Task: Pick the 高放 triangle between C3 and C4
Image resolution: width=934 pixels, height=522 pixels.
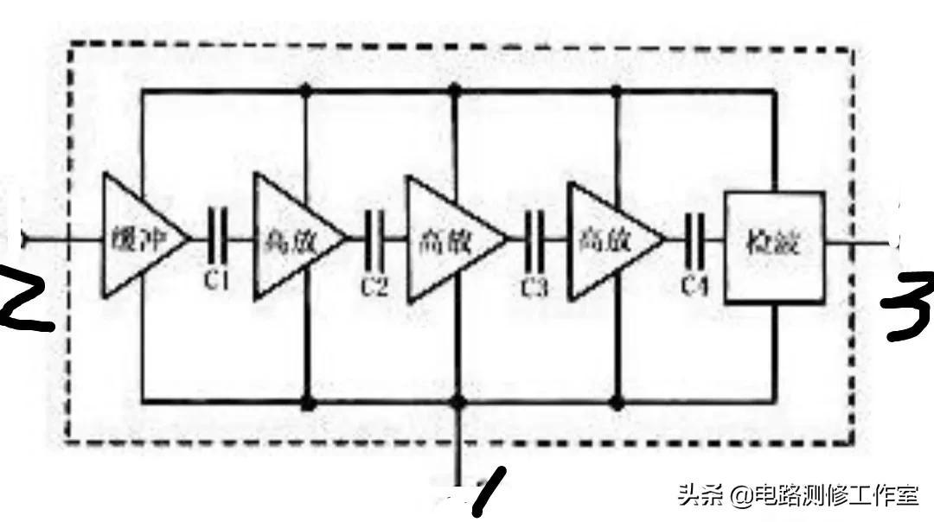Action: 606,239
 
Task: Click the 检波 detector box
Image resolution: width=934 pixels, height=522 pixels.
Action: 774,246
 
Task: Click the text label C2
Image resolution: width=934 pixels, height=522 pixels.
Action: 374,286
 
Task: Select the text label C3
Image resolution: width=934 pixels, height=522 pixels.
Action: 534,286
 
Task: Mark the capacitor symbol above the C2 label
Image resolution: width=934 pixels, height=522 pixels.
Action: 374,239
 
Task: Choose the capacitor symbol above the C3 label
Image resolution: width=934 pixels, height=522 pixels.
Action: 534,240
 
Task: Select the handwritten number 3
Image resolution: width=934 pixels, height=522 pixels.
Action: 908,307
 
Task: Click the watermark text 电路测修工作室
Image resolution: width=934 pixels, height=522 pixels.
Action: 835,496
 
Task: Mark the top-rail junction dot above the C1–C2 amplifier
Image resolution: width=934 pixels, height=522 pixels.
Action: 304,88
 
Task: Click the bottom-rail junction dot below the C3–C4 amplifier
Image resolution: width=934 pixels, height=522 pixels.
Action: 616,402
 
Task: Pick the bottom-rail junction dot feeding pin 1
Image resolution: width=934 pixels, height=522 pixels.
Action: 458,402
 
